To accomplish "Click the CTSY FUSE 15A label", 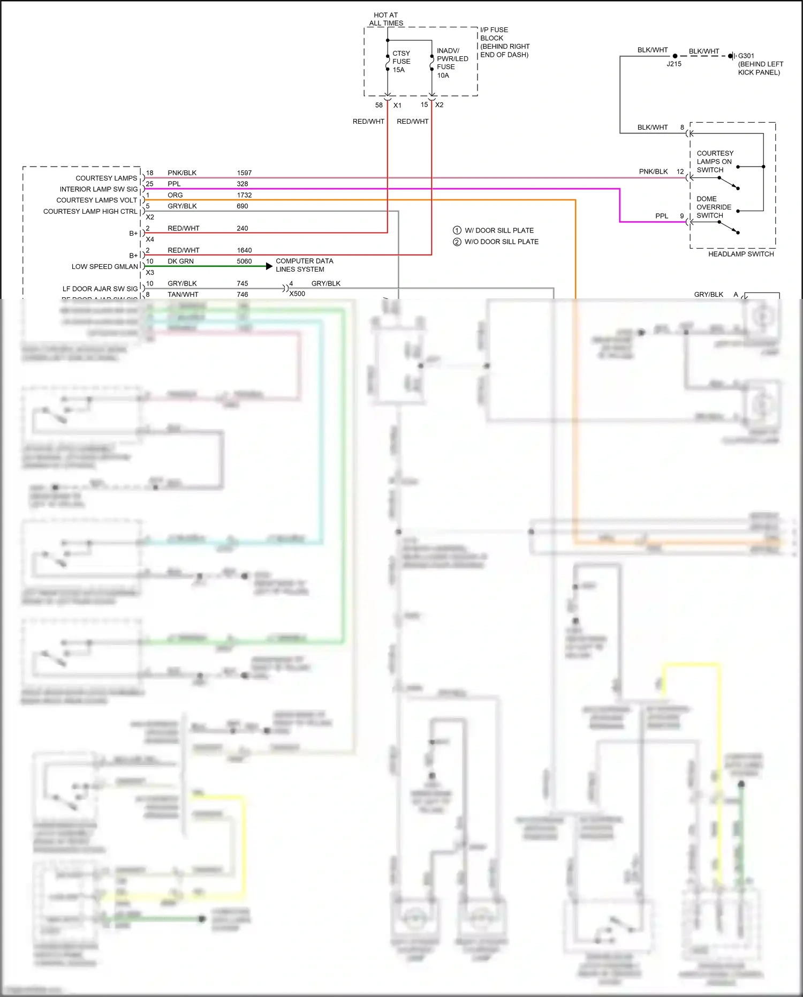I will (401, 62).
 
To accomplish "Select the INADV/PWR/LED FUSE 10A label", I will (452, 63).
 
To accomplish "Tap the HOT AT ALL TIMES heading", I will (386, 19).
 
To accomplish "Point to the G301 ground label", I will (746, 56).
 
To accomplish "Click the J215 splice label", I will (674, 64).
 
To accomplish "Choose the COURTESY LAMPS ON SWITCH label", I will (715, 161).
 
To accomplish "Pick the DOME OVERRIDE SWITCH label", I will (714, 207).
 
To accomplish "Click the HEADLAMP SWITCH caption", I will (741, 254).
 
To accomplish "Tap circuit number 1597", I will (244, 173).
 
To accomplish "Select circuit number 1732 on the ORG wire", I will (244, 195).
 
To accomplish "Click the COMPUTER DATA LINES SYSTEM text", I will (304, 265).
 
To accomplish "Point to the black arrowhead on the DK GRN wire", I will (269, 266).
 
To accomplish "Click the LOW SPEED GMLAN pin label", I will (105, 266).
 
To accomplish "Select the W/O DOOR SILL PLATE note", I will (501, 242).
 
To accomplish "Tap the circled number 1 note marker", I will (457, 230).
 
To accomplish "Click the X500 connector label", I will (297, 294).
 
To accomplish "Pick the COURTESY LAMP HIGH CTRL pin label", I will (90, 212).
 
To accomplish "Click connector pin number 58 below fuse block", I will (379, 105).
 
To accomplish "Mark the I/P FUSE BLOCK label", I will (504, 42).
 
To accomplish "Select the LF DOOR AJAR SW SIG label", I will (100, 289).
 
